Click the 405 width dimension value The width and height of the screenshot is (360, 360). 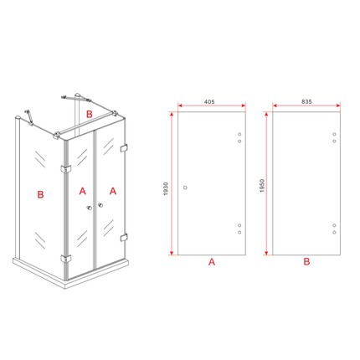(209, 102)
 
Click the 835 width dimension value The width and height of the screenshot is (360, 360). (306, 102)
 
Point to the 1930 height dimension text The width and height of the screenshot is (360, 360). (166, 188)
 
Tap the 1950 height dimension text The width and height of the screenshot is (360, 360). (262, 186)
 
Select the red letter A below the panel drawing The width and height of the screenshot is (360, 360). (212, 262)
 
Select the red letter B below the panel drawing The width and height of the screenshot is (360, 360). (306, 262)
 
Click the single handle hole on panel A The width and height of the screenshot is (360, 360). (185, 188)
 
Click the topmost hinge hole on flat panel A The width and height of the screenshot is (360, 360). (239, 134)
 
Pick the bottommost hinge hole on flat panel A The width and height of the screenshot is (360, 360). (239, 232)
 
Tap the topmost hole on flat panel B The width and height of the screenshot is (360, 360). (334, 134)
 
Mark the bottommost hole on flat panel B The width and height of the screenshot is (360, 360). (334, 232)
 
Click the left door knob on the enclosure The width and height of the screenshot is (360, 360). (90, 208)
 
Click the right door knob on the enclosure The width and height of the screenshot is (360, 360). (100, 206)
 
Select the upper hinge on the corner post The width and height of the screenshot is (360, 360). (66, 169)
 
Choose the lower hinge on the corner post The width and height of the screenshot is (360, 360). (66, 259)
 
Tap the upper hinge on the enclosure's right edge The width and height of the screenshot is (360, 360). (124, 148)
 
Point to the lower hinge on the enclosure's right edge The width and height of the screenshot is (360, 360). (124, 238)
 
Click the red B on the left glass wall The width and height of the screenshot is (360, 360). (40, 194)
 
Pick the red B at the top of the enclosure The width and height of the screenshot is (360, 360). (89, 114)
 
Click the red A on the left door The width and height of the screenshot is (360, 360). (83, 191)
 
